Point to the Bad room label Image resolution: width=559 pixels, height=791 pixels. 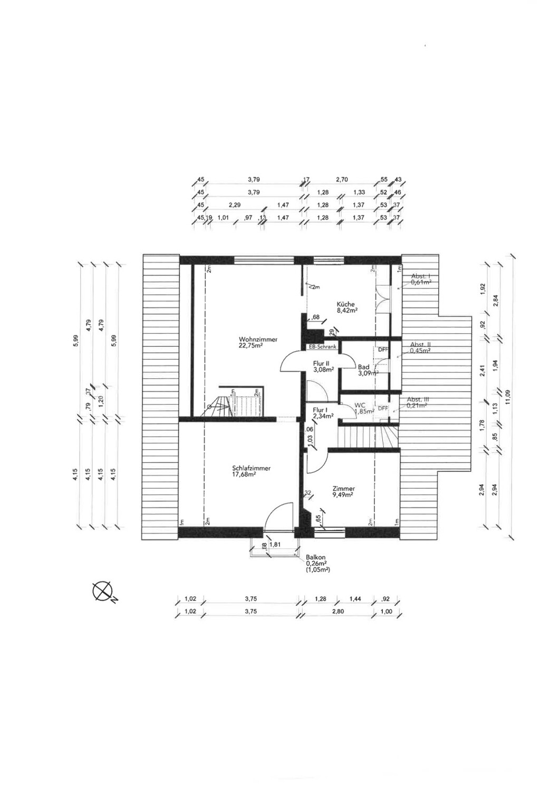[x=364, y=367]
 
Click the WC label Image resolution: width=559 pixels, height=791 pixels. [x=360, y=406]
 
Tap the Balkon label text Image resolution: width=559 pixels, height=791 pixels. [x=315, y=557]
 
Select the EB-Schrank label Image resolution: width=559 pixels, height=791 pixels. [x=323, y=347]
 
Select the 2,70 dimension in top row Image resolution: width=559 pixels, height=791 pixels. [x=342, y=180]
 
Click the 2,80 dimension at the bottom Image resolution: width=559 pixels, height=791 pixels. [x=338, y=612]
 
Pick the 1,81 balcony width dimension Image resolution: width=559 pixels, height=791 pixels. [x=274, y=545]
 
